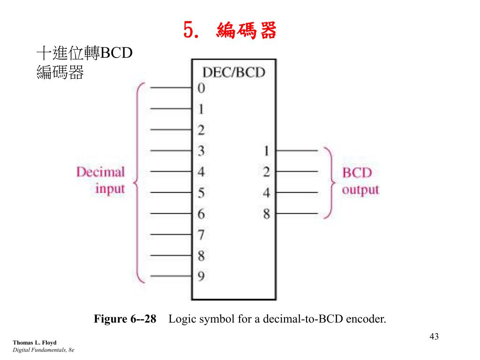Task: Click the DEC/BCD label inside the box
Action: click(233, 72)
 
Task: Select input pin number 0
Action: click(201, 88)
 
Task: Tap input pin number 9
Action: click(201, 277)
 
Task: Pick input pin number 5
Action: click(201, 193)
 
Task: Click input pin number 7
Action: click(201, 234)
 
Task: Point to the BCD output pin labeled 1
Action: click(266, 151)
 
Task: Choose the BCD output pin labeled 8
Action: click(266, 214)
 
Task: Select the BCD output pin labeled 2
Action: click(266, 172)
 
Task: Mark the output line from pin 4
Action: click(297, 193)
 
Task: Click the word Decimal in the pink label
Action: click(101, 172)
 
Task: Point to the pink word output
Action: click(360, 190)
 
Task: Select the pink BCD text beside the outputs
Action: click(357, 172)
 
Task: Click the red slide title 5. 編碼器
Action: click(230, 31)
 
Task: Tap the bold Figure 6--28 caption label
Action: click(125, 320)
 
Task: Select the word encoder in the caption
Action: click(366, 320)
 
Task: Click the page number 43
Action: click(434, 337)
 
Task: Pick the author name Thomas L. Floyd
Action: click(34, 343)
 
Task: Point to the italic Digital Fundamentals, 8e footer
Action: click(44, 350)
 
